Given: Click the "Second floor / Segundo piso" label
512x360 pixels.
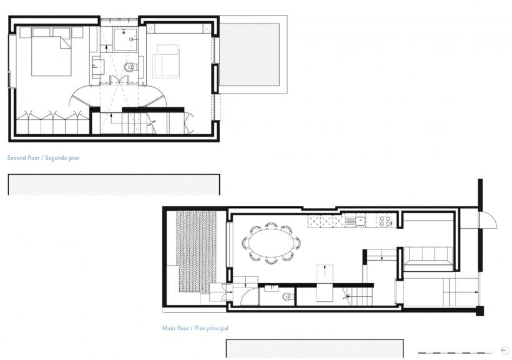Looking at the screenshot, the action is coord(43,158).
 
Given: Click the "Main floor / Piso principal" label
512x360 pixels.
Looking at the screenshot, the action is coord(195,328).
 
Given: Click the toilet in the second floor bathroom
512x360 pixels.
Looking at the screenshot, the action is coord(130,67).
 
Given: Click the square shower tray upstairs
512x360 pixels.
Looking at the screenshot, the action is coord(125,39).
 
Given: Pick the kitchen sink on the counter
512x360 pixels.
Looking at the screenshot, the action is coord(356,221).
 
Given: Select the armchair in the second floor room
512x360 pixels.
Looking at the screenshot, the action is coord(166,61).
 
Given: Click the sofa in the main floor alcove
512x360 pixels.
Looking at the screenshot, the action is coord(428,259).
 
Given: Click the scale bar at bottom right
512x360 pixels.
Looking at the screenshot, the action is coord(455,353).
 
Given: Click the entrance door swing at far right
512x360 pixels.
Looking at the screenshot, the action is coord(488,220).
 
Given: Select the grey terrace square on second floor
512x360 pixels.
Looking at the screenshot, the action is coord(250,54).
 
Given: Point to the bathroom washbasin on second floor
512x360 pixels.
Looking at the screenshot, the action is coord(98,67).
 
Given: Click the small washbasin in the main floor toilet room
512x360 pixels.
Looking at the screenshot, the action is coord(271,288).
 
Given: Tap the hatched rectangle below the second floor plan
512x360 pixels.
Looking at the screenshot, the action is coord(114,185).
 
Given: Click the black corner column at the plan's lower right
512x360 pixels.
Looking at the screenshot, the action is coord(480,311).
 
